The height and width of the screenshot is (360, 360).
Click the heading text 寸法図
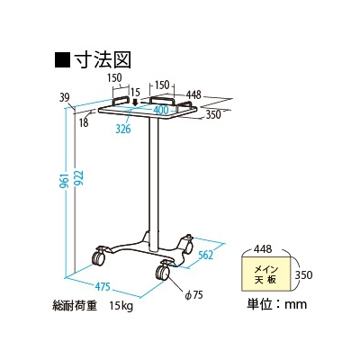pos(103,59)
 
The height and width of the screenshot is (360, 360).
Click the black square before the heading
pos(62,59)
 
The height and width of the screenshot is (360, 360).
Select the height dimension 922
pos(78,179)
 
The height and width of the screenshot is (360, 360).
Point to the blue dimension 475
pos(103,286)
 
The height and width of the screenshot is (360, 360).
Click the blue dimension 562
pos(205,256)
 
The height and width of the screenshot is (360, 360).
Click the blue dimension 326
pos(123,129)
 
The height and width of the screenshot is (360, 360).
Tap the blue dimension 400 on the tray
pos(161,110)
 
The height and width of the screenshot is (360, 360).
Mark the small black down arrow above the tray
pos(136,103)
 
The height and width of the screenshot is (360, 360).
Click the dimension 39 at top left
pos(65,97)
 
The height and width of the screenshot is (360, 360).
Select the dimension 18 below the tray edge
pos(85,122)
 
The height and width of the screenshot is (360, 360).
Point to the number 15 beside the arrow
pos(135,92)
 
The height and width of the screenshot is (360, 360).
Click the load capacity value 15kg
pos(121,306)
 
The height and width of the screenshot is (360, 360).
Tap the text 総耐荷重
pos(75,306)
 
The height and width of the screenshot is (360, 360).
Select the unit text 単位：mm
pos(276,304)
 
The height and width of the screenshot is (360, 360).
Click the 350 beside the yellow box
pos(303,274)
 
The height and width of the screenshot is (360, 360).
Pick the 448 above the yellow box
pos(263,248)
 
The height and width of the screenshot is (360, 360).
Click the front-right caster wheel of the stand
pos(163,272)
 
